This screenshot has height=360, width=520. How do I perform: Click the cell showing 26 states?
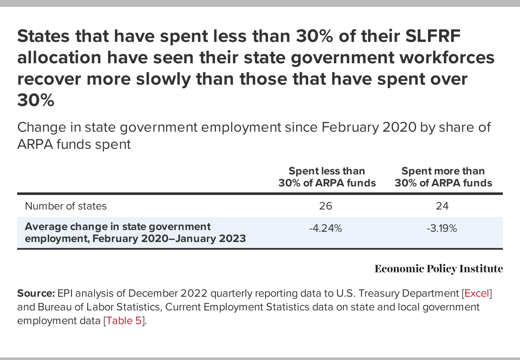pos(325,206)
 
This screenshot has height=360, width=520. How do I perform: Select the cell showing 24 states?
pos(442,206)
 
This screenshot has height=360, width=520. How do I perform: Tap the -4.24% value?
pos(325,228)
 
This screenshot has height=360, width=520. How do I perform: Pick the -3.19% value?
pos(442,228)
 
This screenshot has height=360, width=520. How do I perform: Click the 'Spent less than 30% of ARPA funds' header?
pos(327,177)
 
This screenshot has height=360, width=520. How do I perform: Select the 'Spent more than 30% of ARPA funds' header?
pos(443,177)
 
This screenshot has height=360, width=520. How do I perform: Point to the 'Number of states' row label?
pos(66,206)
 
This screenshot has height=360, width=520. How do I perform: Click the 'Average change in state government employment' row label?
pos(135,233)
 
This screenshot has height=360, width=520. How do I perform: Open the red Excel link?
pos(476,294)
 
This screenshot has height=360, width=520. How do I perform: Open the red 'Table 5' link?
pos(125,321)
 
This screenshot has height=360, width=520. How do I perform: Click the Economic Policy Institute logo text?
pos(438,269)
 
